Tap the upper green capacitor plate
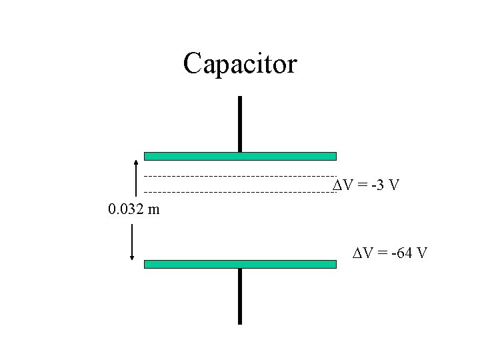240,156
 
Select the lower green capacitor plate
240,264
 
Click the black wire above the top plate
240,123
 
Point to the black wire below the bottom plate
240,296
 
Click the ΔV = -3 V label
366,185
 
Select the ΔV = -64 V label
390,253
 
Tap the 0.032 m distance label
133,211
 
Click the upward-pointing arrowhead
136,161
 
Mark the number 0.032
127,211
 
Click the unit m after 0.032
154,211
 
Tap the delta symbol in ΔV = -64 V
357,253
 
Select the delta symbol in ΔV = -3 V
337,185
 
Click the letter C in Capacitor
193,64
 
